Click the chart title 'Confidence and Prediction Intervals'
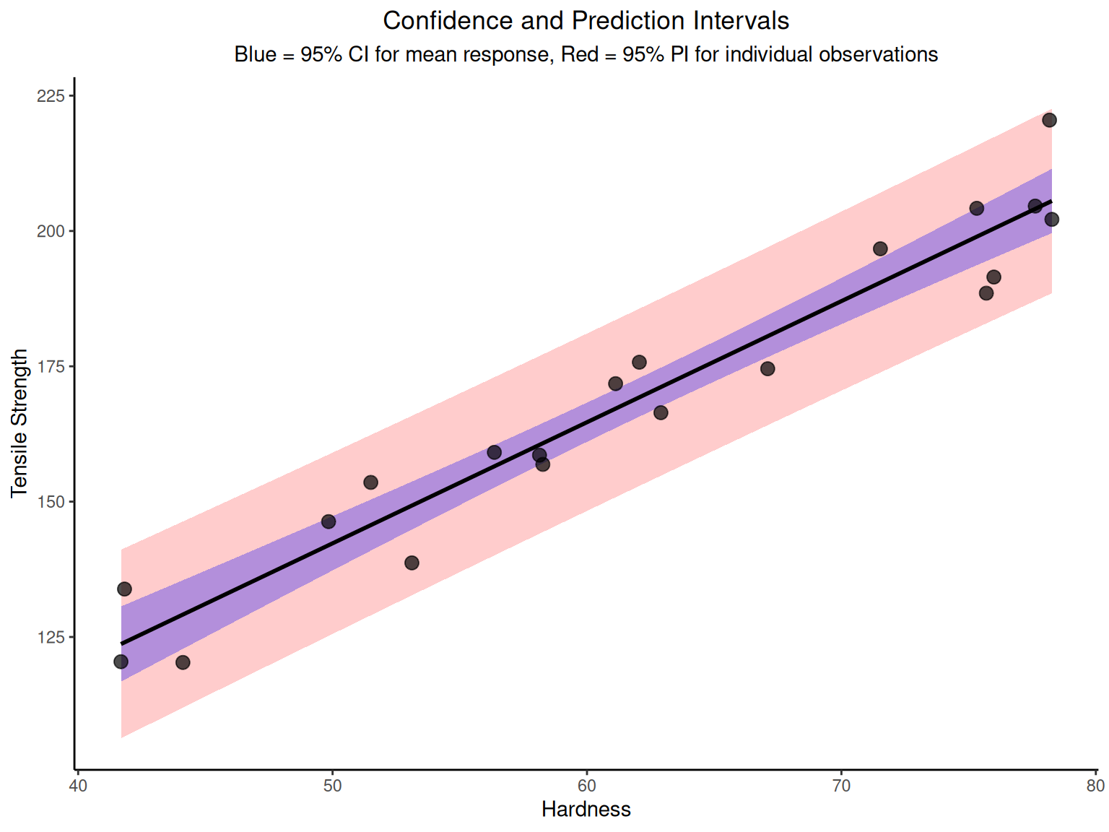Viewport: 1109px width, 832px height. click(586, 21)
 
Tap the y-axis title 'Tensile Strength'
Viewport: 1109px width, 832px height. click(19, 423)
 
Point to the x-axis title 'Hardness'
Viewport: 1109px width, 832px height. click(586, 810)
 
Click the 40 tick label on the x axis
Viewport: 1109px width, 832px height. click(78, 786)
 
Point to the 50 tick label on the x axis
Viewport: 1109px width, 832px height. click(332, 786)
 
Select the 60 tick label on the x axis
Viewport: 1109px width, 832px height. click(586, 786)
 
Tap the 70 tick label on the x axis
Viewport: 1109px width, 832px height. click(841, 786)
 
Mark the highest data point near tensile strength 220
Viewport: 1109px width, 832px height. click(1049, 120)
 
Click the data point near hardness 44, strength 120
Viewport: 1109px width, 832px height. click(183, 662)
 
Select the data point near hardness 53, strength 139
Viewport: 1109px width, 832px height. click(412, 563)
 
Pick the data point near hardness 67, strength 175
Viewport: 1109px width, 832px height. click(767, 369)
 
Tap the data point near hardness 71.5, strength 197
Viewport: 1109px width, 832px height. click(880, 248)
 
